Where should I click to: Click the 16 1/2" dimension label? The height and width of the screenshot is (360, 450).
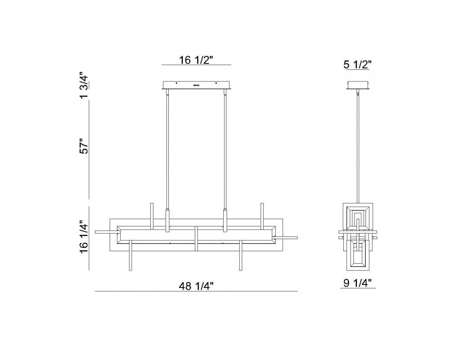(196, 60)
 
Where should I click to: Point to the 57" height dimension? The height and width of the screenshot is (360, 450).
(85, 148)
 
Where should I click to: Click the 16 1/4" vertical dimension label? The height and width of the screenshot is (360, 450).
(85, 237)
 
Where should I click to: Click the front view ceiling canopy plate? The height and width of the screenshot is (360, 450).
(196, 85)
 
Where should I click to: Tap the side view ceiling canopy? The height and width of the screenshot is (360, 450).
(358, 85)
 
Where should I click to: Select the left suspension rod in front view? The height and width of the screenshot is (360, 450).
(168, 148)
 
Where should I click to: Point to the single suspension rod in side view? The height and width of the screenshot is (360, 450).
(358, 148)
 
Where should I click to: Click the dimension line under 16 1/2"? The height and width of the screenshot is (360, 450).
(196, 65)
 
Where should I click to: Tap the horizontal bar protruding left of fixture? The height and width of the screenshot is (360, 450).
(104, 232)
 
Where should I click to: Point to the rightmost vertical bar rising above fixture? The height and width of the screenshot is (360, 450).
(261, 214)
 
